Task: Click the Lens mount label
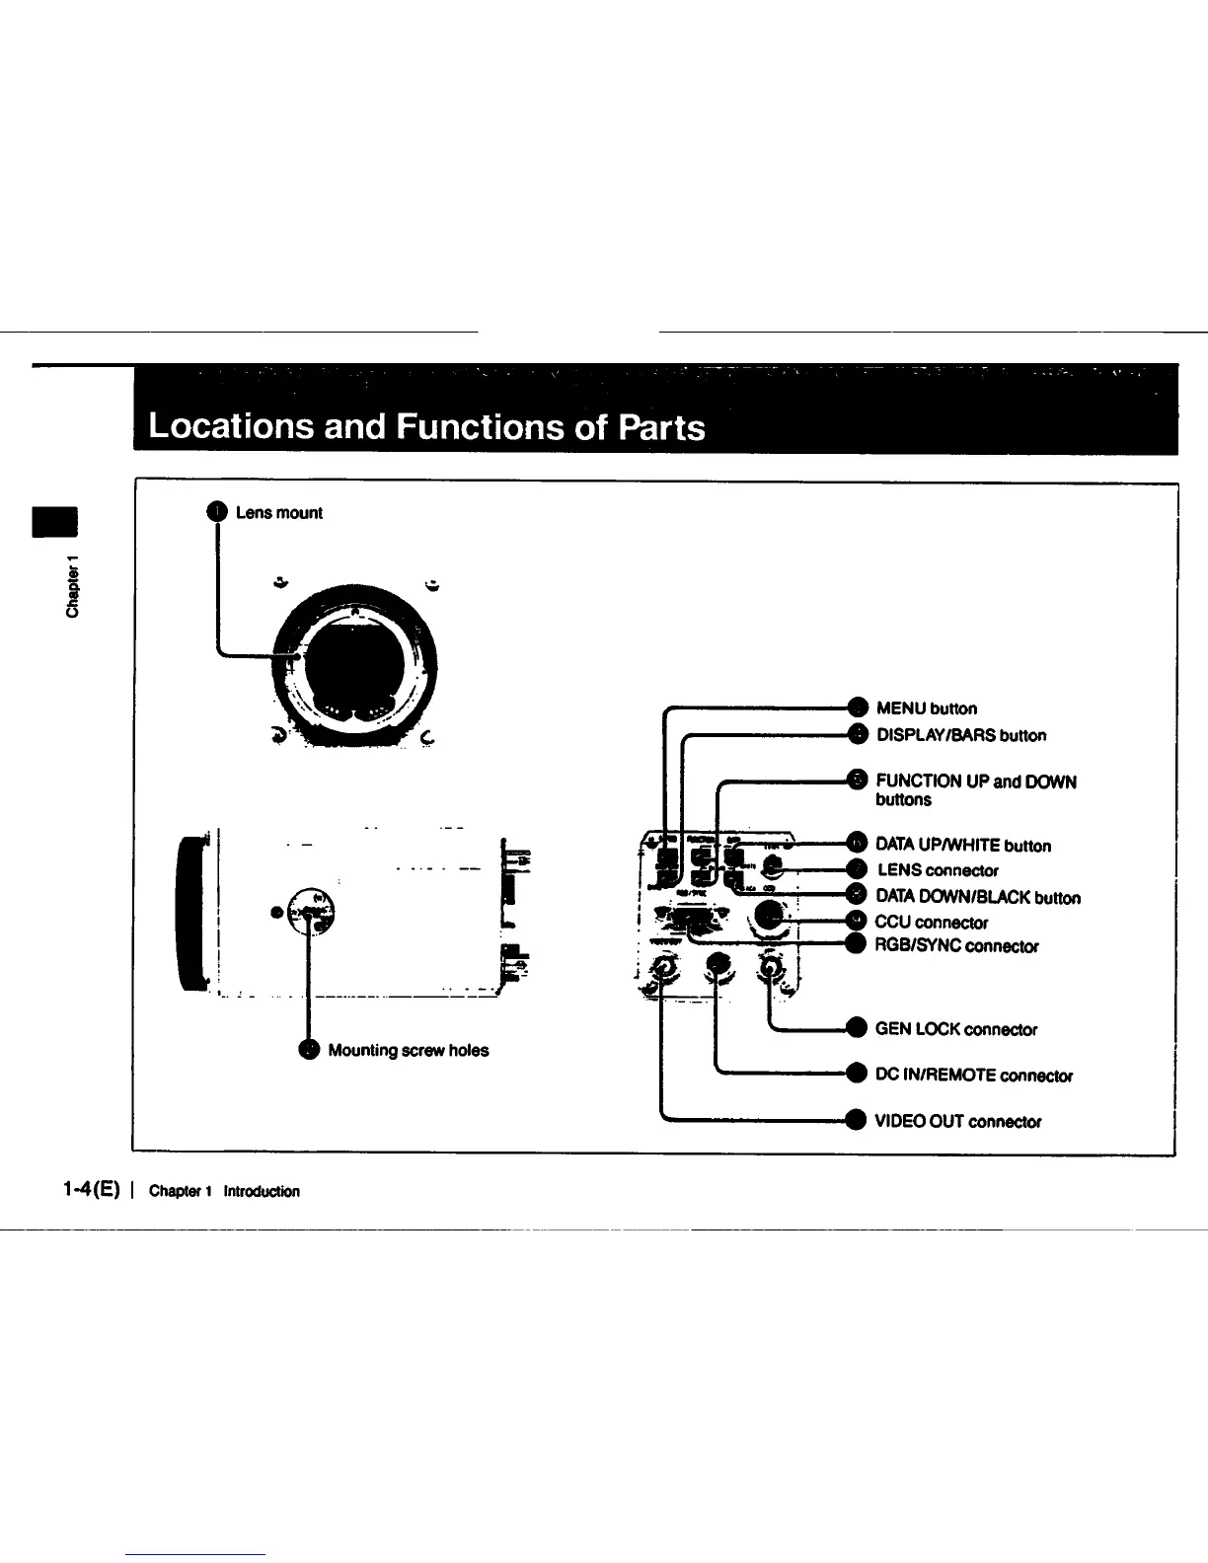pyautogui.click(x=279, y=513)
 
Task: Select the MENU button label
pyautogui.click(x=926, y=708)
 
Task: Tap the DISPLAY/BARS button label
pyautogui.click(x=961, y=735)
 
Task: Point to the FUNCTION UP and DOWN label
pyautogui.click(x=975, y=782)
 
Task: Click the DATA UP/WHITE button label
pyautogui.click(x=963, y=846)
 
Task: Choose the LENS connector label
pyautogui.click(x=938, y=870)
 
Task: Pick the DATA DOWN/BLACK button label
pyautogui.click(x=977, y=898)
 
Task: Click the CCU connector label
pyautogui.click(x=932, y=923)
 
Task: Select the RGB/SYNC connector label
pyautogui.click(x=956, y=946)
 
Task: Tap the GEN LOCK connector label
pyautogui.click(x=955, y=1030)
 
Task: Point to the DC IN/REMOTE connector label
pyautogui.click(x=973, y=1076)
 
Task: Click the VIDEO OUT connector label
pyautogui.click(x=957, y=1122)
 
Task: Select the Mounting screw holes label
pyautogui.click(x=408, y=1051)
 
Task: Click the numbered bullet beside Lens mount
pyautogui.click(x=217, y=511)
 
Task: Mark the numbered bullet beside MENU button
pyautogui.click(x=858, y=707)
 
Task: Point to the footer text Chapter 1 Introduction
pyautogui.click(x=224, y=1191)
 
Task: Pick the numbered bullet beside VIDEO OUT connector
pyautogui.click(x=857, y=1120)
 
